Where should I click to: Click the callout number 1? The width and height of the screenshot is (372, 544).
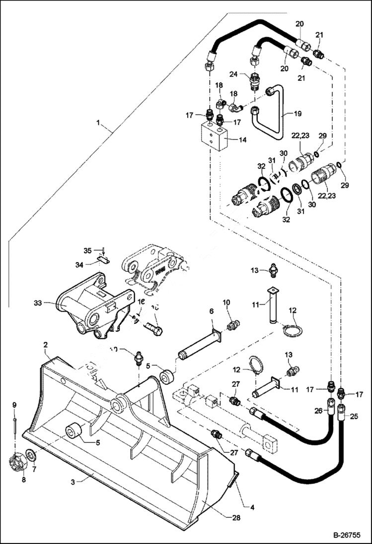click(98, 122)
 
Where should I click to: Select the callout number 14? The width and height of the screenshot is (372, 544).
click(242, 140)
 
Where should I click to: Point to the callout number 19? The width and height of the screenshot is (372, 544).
click(298, 114)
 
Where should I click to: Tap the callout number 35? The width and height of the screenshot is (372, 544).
click(87, 250)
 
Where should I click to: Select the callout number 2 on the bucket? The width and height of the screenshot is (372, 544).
click(45, 344)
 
